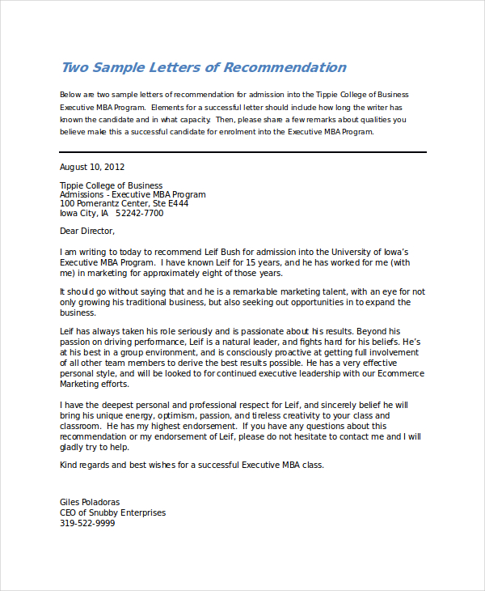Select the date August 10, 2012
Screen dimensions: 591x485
click(x=92, y=167)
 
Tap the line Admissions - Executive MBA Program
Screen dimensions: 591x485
click(x=133, y=194)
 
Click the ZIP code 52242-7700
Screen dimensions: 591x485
click(x=140, y=213)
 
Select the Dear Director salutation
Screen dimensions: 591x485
click(x=87, y=231)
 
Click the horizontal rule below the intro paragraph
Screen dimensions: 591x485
click(x=242, y=152)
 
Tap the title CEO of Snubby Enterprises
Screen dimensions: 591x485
click(x=112, y=512)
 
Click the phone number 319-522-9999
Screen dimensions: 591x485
click(x=87, y=523)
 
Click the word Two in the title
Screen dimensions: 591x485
click(x=74, y=67)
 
